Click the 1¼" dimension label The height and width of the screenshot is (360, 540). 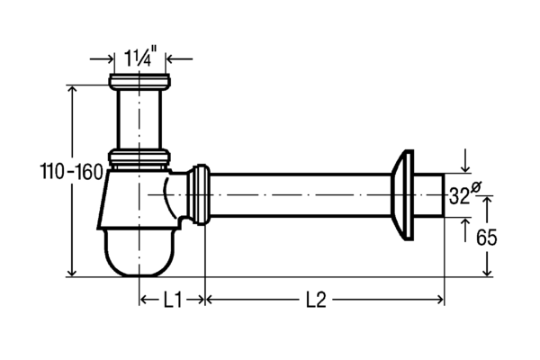click(138, 58)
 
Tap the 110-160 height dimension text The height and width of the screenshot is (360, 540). click(72, 172)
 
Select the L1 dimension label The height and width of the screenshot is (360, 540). click(172, 301)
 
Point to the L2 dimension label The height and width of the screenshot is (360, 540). click(316, 301)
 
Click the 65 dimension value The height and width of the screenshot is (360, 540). click(487, 237)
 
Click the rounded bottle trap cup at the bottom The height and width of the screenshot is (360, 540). click(139, 253)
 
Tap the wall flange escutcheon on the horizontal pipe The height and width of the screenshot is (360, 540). click(402, 194)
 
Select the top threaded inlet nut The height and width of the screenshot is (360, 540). click(139, 82)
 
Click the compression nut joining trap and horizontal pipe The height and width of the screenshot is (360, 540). click(199, 194)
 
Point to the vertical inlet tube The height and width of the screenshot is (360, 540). click(139, 119)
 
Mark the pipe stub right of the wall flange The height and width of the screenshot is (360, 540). click(428, 195)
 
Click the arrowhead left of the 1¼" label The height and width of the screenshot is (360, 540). click(109, 58)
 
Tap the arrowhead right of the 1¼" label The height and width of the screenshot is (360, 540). click(170, 58)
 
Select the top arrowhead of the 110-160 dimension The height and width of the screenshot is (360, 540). click(72, 90)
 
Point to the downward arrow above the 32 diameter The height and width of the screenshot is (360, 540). click(465, 160)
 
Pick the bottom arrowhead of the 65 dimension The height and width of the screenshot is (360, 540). click(487, 272)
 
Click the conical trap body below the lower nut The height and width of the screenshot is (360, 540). click(138, 199)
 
